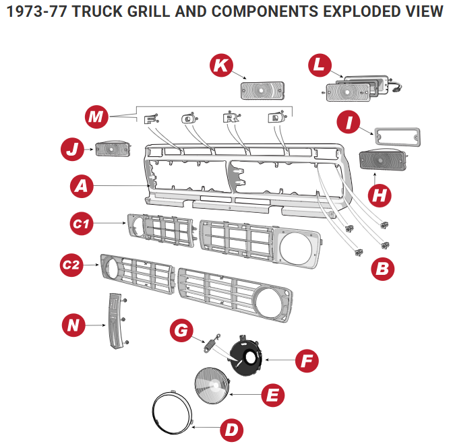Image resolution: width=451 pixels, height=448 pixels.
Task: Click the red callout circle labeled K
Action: pyautogui.click(x=221, y=65)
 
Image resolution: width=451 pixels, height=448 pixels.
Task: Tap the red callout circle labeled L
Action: pyautogui.click(x=320, y=66)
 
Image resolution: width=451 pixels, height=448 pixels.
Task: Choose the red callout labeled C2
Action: pyautogui.click(x=71, y=265)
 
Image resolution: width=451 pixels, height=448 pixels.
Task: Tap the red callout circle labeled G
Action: pyautogui.click(x=180, y=330)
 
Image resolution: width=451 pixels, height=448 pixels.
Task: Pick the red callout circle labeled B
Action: pyautogui.click(x=383, y=269)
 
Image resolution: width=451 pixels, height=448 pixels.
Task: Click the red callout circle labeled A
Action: pyautogui.click(x=82, y=187)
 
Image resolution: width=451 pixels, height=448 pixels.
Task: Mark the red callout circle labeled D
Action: pyautogui.click(x=231, y=429)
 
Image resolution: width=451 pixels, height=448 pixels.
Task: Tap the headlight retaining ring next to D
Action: pyautogui.click(x=172, y=412)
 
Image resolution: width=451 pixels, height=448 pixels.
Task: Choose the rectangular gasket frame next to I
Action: pyautogui.click(x=397, y=137)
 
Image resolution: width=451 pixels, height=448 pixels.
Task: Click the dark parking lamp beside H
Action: pyautogui.click(x=381, y=162)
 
